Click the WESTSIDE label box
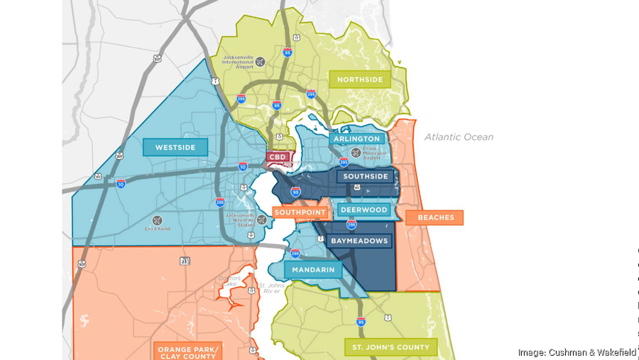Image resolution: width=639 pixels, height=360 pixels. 175,148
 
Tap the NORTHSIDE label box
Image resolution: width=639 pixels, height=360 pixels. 359,79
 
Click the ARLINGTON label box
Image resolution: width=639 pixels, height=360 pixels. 359,139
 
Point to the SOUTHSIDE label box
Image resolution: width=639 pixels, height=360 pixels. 366,176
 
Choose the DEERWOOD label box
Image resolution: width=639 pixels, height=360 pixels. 364,209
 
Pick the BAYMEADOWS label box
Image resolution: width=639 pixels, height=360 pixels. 360,241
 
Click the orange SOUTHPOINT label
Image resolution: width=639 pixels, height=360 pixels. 300,212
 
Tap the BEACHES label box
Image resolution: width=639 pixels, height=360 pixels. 435,217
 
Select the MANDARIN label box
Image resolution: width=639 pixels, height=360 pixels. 313,270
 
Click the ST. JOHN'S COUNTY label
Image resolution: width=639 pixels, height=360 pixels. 390,347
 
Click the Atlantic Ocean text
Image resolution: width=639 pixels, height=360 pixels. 459,137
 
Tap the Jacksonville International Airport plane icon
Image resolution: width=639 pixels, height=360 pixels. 260,62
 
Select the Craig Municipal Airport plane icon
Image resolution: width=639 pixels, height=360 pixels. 356,151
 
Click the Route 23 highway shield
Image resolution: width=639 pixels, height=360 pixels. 185,261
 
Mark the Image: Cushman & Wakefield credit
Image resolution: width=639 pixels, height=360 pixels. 577,352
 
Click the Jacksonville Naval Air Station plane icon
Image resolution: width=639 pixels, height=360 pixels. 261,220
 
